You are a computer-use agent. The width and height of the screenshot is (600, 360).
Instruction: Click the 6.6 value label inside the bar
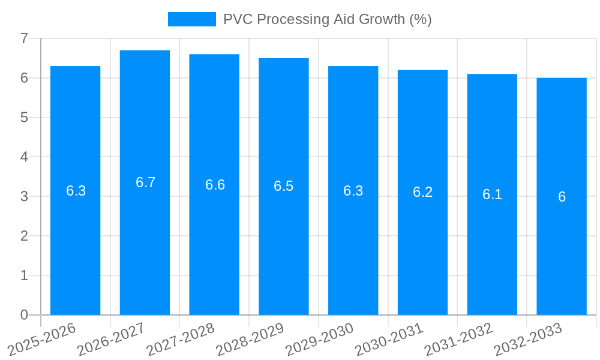[x=215, y=185]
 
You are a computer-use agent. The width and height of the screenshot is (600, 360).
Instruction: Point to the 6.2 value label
[x=422, y=193]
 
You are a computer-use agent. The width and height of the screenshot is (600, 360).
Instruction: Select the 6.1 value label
[x=492, y=194]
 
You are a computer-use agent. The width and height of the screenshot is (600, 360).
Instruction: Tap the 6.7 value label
[x=145, y=182]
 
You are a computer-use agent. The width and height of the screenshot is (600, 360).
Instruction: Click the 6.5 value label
[x=283, y=186]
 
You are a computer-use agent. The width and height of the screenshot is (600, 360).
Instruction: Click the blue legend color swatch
[x=191, y=19]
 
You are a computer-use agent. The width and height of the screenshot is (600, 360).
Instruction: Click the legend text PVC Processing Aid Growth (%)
[x=327, y=19]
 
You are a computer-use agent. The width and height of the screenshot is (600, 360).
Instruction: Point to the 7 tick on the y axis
[x=24, y=38]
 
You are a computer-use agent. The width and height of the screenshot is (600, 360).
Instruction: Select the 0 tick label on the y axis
[x=24, y=315]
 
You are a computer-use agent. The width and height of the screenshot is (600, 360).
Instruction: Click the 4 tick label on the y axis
[x=24, y=157]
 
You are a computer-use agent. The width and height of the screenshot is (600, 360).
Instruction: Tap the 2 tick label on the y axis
[x=24, y=236]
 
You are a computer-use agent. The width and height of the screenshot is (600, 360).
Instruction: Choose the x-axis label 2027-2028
[x=180, y=340]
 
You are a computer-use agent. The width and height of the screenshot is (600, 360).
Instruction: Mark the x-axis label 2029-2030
[x=319, y=340]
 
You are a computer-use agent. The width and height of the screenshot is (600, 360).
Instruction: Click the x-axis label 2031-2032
[x=458, y=340]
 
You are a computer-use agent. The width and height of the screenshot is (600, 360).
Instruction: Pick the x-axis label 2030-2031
[x=389, y=340]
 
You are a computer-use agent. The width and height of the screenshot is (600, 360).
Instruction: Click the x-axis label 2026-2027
[x=111, y=340]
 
